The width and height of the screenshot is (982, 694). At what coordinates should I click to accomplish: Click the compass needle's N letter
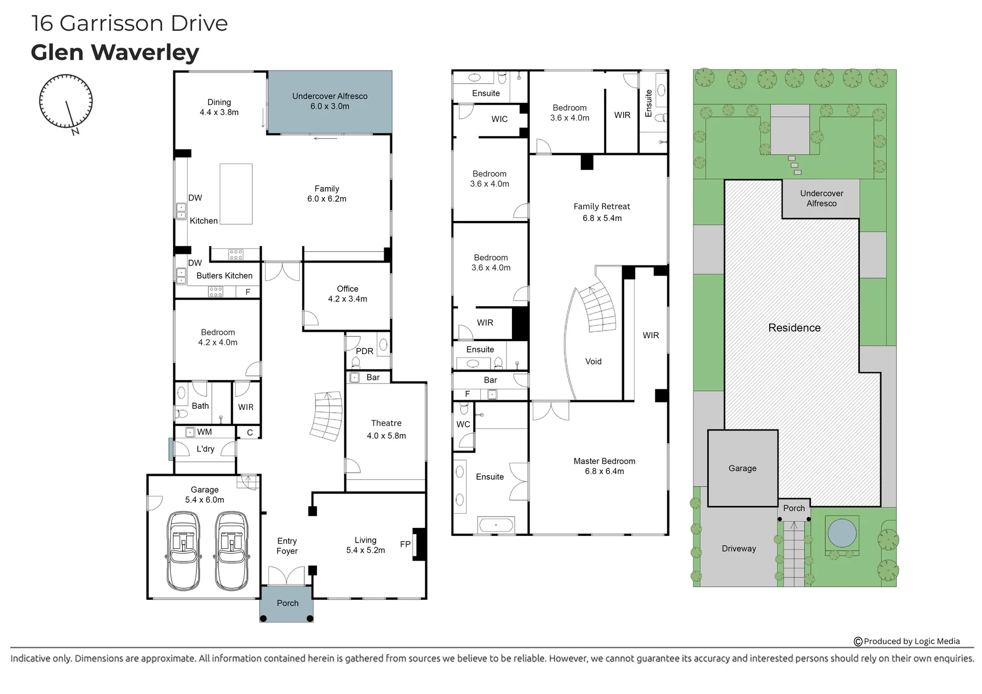(76, 131)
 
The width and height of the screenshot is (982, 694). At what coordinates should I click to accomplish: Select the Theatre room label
(386, 423)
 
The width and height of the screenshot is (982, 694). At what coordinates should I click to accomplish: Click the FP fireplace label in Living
(405, 544)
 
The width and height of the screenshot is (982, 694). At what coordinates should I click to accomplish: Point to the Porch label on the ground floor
(287, 603)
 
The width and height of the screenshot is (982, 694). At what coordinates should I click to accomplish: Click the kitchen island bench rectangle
(236, 194)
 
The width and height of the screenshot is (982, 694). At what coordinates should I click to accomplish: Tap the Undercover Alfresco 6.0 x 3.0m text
(330, 101)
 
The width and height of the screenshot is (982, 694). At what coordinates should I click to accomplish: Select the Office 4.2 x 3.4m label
(348, 294)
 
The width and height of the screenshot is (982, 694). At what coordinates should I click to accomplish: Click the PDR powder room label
(365, 351)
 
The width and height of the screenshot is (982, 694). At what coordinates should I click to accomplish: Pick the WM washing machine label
(205, 432)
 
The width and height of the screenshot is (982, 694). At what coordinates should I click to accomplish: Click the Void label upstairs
(593, 361)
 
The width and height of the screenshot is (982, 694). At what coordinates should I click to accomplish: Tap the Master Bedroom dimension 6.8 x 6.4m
(605, 471)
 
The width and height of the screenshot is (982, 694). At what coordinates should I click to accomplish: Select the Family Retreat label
(602, 206)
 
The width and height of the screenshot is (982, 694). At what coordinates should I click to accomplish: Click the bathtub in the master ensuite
(496, 525)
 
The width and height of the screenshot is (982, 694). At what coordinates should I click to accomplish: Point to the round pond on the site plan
(842, 533)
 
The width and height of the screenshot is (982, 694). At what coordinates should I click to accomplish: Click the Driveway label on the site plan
(739, 548)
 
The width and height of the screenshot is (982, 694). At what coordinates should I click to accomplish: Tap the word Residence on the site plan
(794, 328)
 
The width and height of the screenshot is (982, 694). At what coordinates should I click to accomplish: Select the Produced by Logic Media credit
(907, 641)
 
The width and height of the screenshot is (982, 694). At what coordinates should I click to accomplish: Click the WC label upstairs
(463, 424)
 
